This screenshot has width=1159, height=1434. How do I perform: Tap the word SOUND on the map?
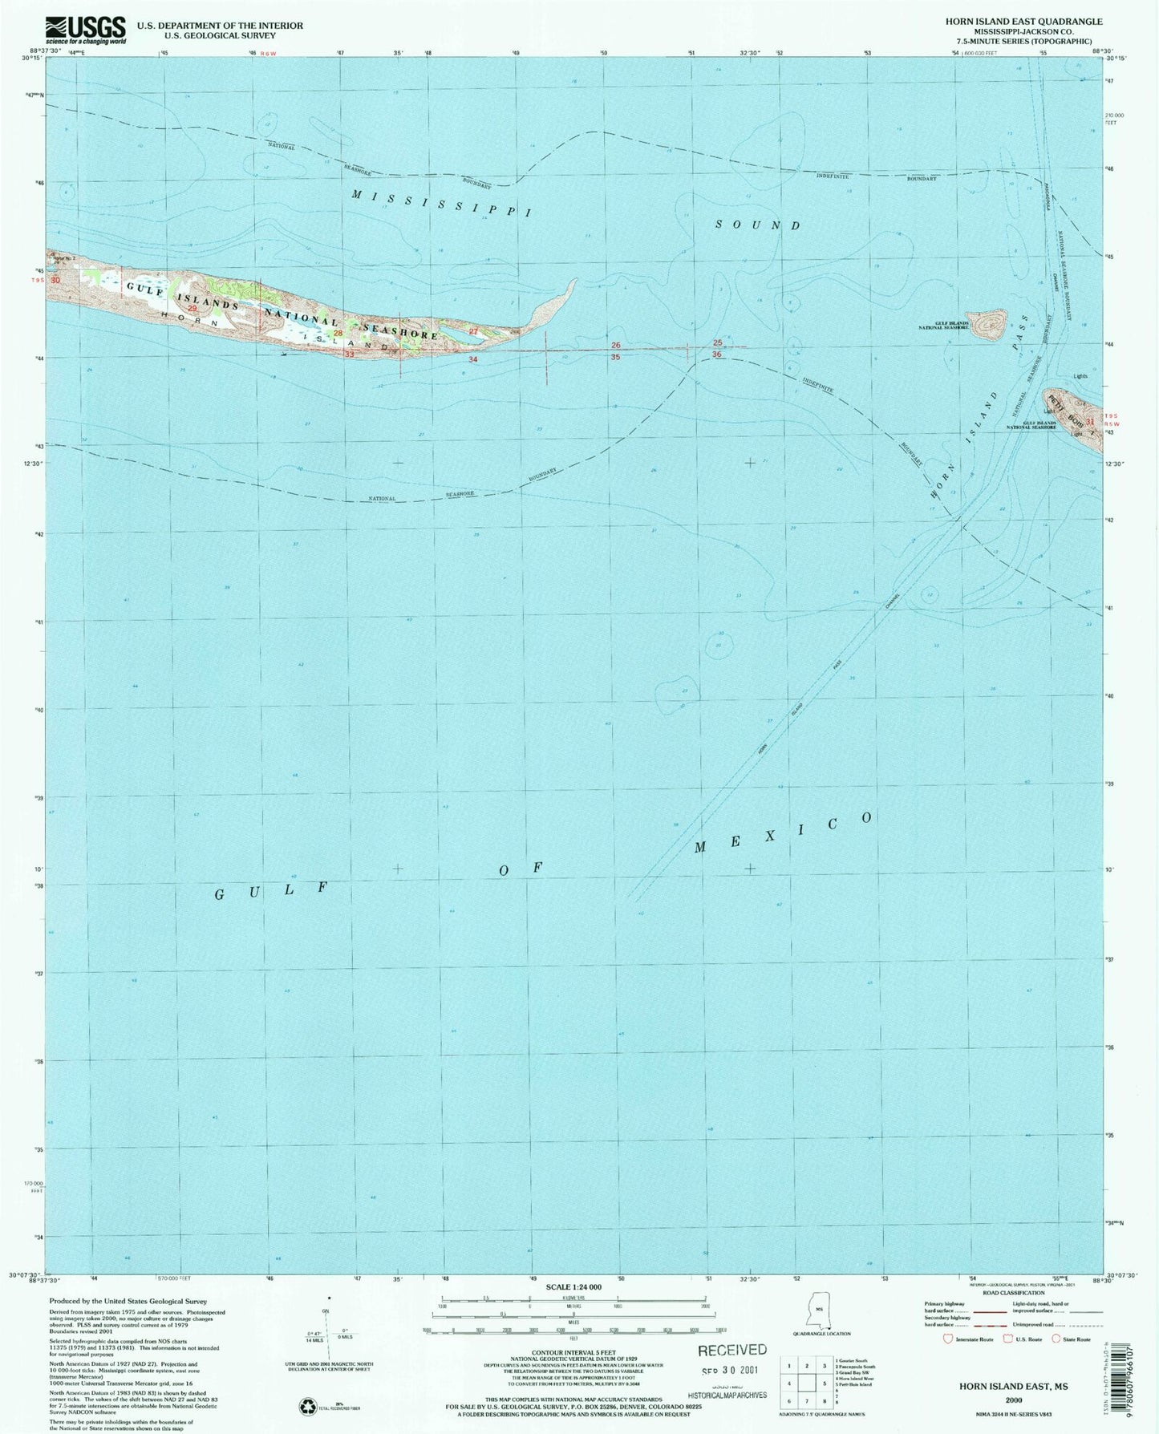(x=757, y=225)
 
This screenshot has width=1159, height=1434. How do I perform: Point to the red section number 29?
(x=192, y=308)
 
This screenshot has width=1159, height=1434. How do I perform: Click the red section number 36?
(x=716, y=354)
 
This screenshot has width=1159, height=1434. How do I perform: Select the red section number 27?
(x=473, y=331)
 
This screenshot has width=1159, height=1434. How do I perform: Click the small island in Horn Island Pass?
(x=990, y=326)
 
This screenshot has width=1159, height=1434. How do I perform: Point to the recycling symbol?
(x=306, y=1405)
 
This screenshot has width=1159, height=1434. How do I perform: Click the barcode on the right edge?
(x=1143, y=1363)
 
